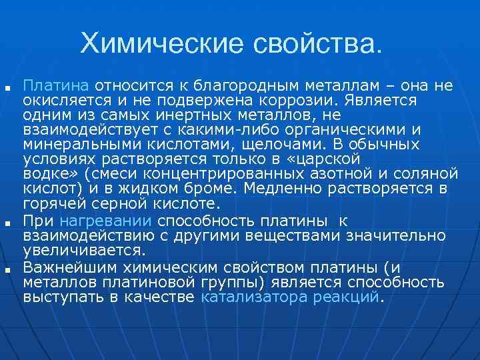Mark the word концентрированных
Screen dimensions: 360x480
coord(220,174)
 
